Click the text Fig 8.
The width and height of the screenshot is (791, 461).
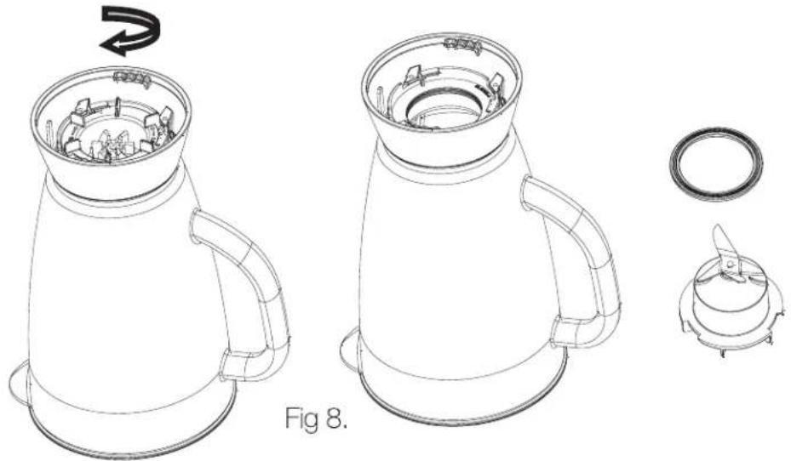coord(316,418)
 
